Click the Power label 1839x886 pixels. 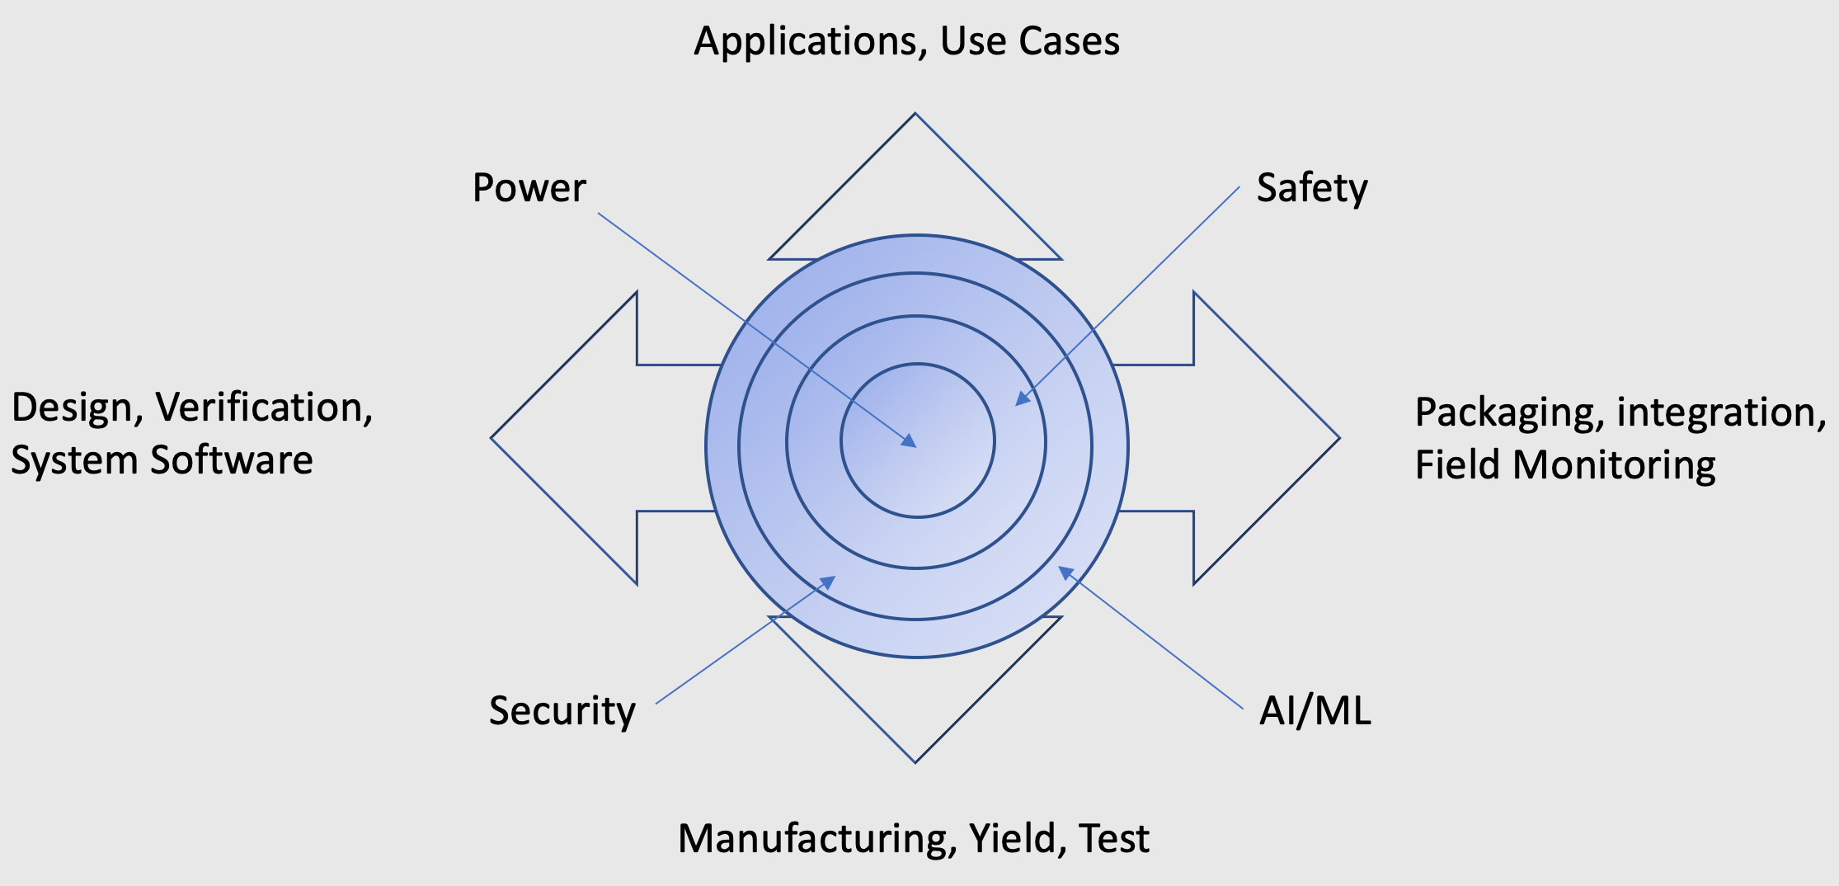pos(529,187)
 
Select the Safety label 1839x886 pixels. pos(1312,189)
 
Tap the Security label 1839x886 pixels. pos(562,710)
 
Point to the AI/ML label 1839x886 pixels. pos(1315,710)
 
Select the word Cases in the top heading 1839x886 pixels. pos(1070,40)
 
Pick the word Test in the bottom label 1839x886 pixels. pos(1114,838)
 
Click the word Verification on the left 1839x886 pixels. pos(265,408)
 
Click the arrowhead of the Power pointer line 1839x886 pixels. pos(909,441)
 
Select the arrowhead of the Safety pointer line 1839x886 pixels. pos(1023,398)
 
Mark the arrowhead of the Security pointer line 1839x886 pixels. pos(826,582)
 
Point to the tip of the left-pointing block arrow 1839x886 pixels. pos(491,438)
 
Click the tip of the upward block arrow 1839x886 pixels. pos(915,114)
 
